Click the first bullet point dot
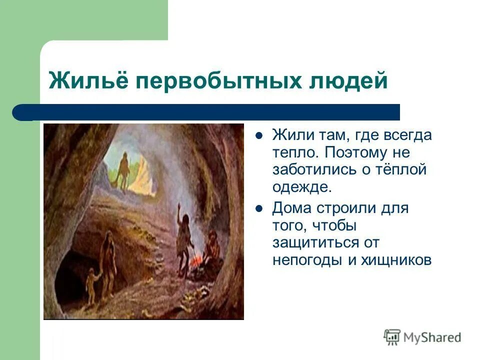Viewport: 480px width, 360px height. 259,135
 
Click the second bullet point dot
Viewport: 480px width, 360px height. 259,207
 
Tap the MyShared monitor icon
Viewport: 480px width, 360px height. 392,336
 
